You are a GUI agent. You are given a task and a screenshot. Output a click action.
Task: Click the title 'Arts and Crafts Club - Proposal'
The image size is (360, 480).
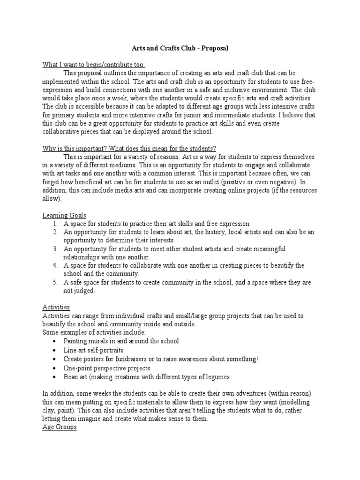[180, 48]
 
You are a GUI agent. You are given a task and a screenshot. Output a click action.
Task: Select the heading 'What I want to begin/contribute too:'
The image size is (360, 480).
[94, 64]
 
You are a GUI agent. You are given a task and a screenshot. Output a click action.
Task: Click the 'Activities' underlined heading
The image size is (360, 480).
[56, 307]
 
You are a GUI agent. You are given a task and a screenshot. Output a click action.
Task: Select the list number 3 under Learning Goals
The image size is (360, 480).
[55, 248]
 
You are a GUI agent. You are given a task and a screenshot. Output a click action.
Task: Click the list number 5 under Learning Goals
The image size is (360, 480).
[55, 282]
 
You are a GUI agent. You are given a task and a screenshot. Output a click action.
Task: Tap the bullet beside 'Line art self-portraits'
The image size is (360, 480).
[55, 350]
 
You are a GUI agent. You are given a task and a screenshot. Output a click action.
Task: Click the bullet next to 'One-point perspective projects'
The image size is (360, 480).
[55, 368]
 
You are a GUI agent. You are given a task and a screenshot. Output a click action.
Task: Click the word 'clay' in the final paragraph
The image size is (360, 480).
[49, 410]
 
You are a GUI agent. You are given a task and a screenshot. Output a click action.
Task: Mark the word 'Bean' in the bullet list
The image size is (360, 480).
[71, 377]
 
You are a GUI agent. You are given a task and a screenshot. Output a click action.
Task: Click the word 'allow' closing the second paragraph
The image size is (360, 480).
[51, 199]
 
